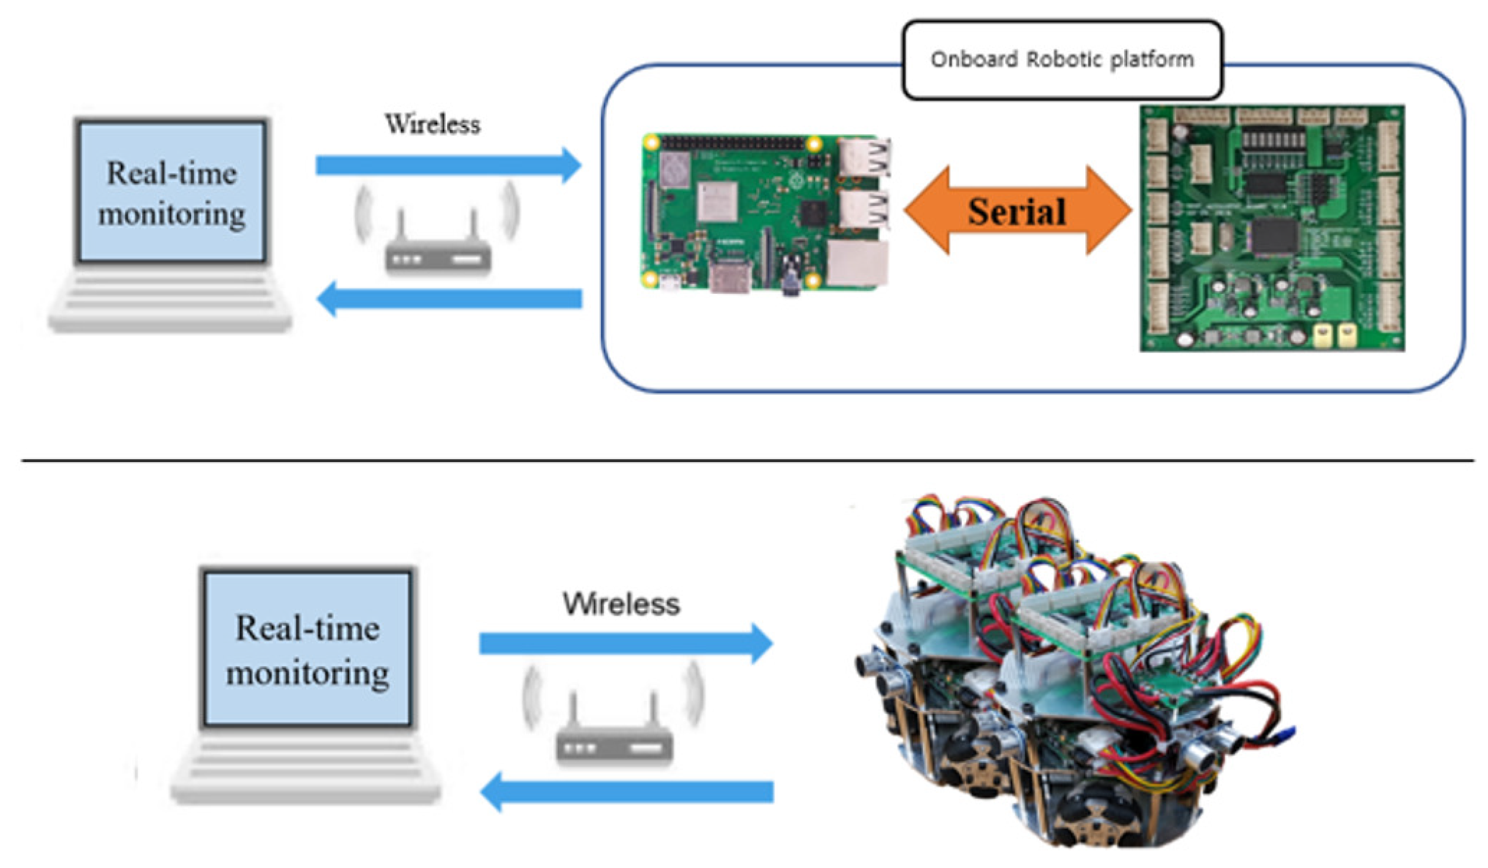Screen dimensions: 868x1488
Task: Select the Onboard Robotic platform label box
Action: (1062, 60)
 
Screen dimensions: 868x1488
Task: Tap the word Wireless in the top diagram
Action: (432, 125)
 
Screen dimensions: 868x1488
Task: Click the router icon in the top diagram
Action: (437, 248)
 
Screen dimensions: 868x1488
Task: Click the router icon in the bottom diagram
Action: (614, 735)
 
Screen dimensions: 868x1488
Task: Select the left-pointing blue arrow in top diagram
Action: (449, 299)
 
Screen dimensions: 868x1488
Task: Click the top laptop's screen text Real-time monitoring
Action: (171, 193)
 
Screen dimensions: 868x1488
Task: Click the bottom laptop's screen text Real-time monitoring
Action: (307, 649)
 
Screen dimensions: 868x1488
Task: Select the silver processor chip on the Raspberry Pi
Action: (717, 201)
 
